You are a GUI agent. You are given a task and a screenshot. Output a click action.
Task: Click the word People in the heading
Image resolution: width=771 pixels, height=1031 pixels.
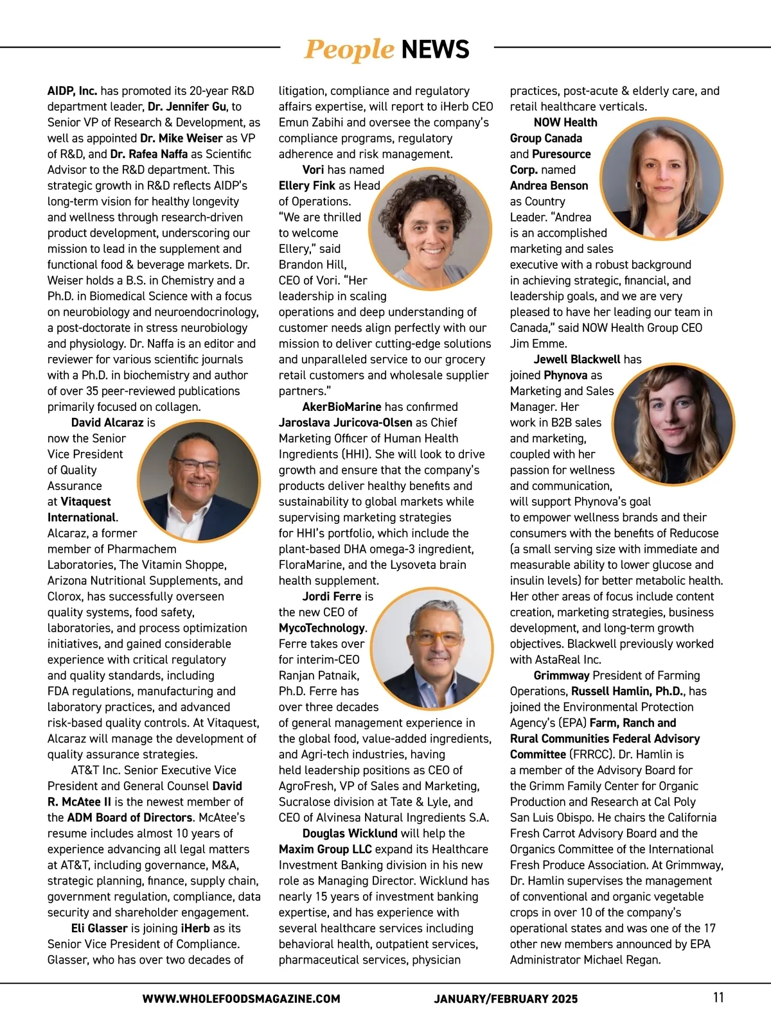point(348,49)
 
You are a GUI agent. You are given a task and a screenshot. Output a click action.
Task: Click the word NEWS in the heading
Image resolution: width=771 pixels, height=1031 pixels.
point(435,49)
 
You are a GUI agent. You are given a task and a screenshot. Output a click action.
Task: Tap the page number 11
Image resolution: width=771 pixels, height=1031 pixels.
point(718,998)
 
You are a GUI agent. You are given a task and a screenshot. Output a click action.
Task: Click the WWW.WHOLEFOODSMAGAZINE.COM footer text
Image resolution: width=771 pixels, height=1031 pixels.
point(241,999)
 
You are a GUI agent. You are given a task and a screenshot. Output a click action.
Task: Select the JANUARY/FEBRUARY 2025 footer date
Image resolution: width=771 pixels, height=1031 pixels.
point(506,999)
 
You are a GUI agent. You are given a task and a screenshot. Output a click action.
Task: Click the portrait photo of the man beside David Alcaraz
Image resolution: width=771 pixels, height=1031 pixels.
point(199,481)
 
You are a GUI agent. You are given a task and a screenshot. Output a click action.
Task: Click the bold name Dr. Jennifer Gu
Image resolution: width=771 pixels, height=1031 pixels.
point(187,107)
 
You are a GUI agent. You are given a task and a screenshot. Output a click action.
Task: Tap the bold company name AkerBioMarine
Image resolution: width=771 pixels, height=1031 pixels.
point(342,407)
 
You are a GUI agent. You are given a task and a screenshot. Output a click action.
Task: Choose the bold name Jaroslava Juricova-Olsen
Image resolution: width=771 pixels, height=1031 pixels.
point(346,422)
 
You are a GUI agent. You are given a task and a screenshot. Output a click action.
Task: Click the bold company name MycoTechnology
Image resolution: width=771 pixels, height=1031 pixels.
point(321,628)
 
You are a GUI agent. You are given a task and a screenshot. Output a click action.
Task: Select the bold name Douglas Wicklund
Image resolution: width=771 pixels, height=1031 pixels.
point(350,833)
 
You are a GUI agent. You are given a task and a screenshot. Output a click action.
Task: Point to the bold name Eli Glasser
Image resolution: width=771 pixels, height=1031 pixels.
point(100,928)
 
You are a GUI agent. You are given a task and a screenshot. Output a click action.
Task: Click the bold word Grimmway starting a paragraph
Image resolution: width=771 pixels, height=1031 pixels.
point(561,675)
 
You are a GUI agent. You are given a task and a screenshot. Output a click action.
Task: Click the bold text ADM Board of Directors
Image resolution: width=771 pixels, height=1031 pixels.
point(129,818)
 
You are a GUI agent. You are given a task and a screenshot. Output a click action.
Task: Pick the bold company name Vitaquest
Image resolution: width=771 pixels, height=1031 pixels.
point(85,502)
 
